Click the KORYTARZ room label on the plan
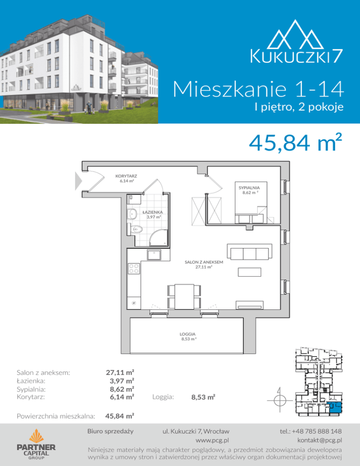[126, 176]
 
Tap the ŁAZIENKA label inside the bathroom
[152, 212]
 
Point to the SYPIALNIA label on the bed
[249, 188]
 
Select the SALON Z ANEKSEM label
[204, 262]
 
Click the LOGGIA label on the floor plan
[187, 334]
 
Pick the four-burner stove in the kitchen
[134, 269]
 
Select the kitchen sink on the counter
[154, 255]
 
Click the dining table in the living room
[184, 297]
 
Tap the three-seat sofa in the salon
[249, 252]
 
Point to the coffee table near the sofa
[249, 272]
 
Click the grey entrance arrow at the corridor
[78, 180]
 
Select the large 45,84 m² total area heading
[295, 143]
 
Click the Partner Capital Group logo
[36, 444]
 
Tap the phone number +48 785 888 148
[311, 431]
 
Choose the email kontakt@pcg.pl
[320, 440]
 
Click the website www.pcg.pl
[212, 440]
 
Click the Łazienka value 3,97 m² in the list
[122, 381]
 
